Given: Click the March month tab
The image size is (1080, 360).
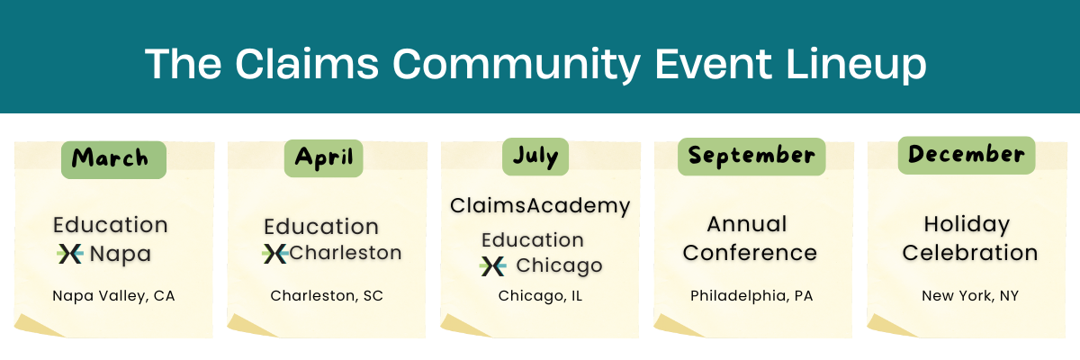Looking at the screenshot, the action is (113, 159).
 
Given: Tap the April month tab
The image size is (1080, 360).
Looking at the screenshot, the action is (323, 158).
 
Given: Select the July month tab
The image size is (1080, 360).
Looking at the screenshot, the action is (535, 157).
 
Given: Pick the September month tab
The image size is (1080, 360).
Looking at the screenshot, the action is (751, 157).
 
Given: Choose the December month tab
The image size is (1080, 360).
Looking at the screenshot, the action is (967, 155).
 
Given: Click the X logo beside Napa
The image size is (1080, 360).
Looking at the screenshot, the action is (70, 254).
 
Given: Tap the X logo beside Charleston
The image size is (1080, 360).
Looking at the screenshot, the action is (275, 254).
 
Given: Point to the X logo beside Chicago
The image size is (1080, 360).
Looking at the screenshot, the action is (493, 266).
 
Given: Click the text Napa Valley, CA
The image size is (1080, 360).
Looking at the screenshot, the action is (113, 296).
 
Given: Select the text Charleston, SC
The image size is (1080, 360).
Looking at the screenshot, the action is (327, 295).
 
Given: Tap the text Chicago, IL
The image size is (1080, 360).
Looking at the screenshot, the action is (540, 296).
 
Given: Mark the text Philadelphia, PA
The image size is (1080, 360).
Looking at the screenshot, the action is (751, 296).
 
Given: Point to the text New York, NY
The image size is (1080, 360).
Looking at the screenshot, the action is (970, 296).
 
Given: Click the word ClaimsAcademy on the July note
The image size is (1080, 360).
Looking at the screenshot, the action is (540, 206).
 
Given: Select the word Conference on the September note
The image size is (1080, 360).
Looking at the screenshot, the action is (750, 253).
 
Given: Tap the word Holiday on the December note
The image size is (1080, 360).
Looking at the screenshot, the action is (967, 225).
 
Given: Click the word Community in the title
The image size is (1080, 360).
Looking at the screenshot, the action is (517, 65).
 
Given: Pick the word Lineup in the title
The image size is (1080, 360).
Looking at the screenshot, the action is (856, 65).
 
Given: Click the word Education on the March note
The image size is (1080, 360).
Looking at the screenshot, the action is (111, 225).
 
